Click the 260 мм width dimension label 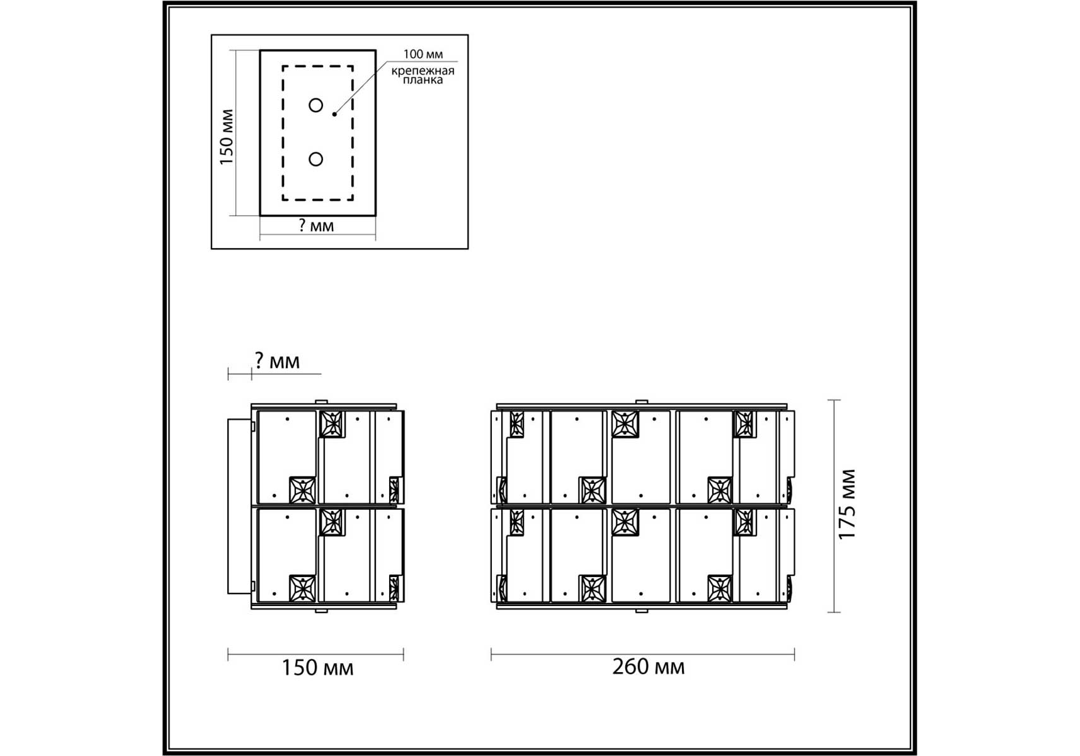click(x=648, y=667)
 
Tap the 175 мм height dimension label click(x=848, y=504)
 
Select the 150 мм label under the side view click(x=317, y=668)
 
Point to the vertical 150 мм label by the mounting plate click(x=227, y=137)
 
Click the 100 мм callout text click(x=423, y=54)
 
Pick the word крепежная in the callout click(x=423, y=71)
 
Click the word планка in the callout click(x=423, y=80)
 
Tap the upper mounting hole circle click(x=316, y=105)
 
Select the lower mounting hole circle click(x=316, y=159)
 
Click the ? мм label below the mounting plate click(x=316, y=226)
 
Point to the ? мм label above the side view click(x=277, y=361)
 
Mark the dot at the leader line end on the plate click(x=334, y=114)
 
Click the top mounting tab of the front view click(x=642, y=402)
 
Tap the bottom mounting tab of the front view click(x=642, y=610)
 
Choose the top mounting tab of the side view click(x=321, y=402)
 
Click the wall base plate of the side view click(x=240, y=507)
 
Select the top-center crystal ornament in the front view click(x=625, y=424)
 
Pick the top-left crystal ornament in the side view click(x=331, y=424)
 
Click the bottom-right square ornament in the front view click(x=720, y=589)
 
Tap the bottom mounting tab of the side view click(x=321, y=610)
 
